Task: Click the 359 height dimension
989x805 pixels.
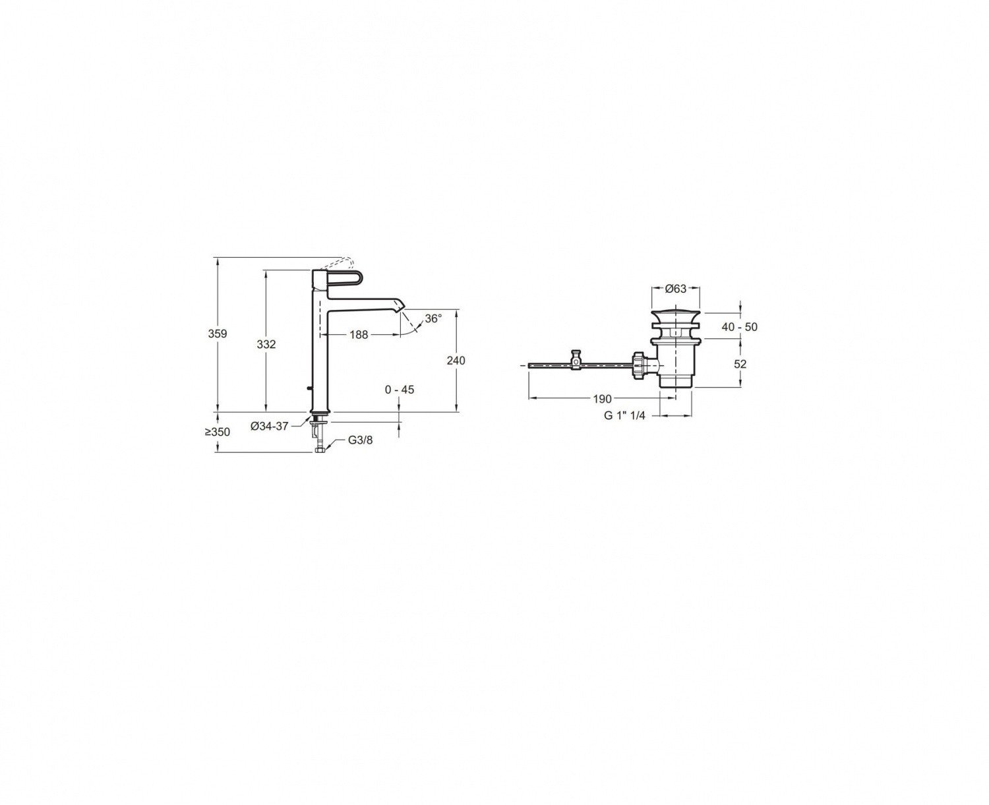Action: point(218,334)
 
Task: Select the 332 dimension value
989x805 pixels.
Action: point(266,344)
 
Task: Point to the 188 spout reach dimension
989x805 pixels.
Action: point(359,334)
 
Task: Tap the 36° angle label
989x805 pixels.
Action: point(433,319)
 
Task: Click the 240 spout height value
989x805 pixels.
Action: point(456,360)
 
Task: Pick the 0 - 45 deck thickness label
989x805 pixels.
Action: point(400,390)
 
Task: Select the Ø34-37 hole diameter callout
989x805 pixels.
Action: point(269,426)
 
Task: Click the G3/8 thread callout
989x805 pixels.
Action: point(360,440)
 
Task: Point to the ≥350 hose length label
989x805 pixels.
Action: point(218,432)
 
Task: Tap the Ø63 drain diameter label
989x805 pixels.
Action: point(676,289)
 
